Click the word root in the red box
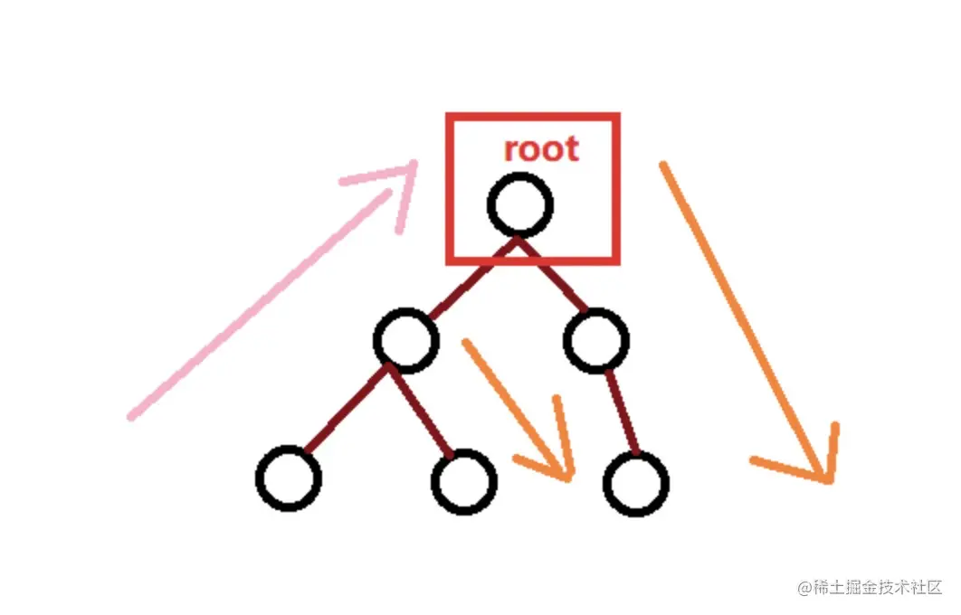point(540,148)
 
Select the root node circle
point(519,205)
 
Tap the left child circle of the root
point(405,339)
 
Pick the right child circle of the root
point(595,339)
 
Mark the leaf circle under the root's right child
point(635,483)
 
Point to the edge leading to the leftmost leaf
point(346,408)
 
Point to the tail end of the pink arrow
point(133,416)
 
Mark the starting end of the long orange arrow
point(663,166)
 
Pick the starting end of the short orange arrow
point(466,343)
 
